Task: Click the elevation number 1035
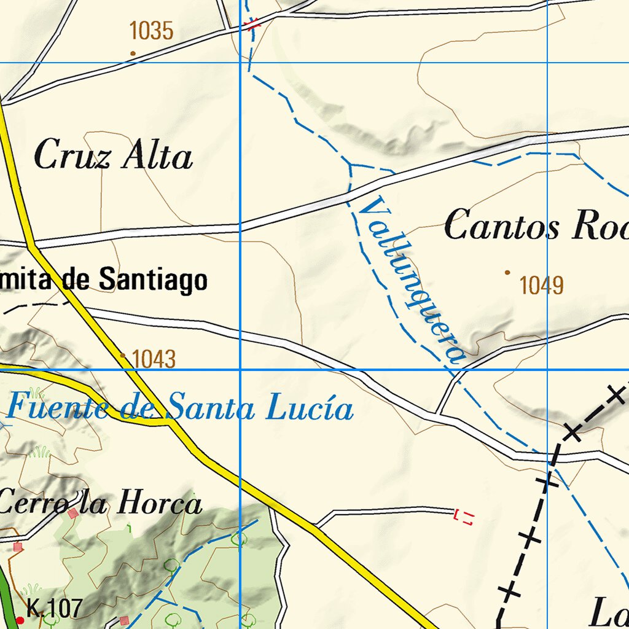click(x=152, y=31)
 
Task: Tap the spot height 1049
click(x=541, y=286)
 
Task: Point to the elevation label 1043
click(x=154, y=359)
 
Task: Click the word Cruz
click(x=72, y=155)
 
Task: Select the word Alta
click(x=157, y=156)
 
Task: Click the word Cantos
click(x=502, y=226)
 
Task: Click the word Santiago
click(x=153, y=280)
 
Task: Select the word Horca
click(x=159, y=503)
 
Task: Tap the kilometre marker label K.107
click(x=55, y=609)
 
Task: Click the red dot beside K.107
click(x=20, y=620)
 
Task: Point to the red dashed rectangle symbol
click(x=464, y=517)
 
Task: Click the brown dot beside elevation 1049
click(x=507, y=272)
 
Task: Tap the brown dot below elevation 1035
click(x=133, y=53)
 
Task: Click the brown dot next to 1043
click(x=123, y=355)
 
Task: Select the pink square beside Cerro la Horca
click(x=74, y=514)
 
